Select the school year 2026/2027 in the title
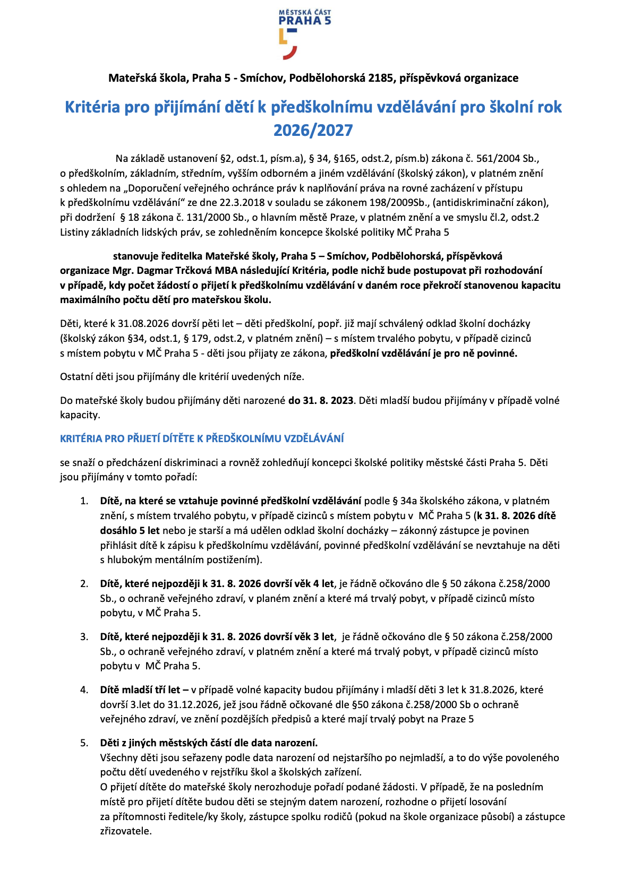click(313, 131)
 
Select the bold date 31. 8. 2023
click(321, 401)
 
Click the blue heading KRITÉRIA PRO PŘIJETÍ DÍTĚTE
click(202, 439)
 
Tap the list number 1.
click(84, 501)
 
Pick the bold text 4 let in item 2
click(323, 584)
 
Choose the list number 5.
click(84, 743)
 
